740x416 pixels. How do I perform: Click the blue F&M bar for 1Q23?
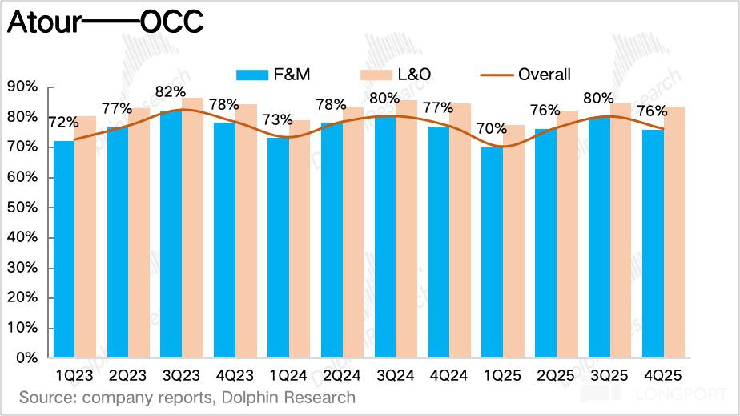(x=64, y=249)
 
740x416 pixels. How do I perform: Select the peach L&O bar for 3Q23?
(x=192, y=228)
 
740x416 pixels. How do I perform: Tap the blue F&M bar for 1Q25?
(x=492, y=252)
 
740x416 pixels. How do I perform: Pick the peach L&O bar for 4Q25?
(x=674, y=232)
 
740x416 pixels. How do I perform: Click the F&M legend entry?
(x=274, y=75)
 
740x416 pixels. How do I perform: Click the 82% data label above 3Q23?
(x=171, y=92)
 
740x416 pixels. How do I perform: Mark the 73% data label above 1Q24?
(x=278, y=120)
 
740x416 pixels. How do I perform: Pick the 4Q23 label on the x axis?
(x=235, y=375)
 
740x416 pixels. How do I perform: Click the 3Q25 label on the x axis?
(x=609, y=375)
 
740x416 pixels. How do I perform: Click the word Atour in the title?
(x=43, y=22)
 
